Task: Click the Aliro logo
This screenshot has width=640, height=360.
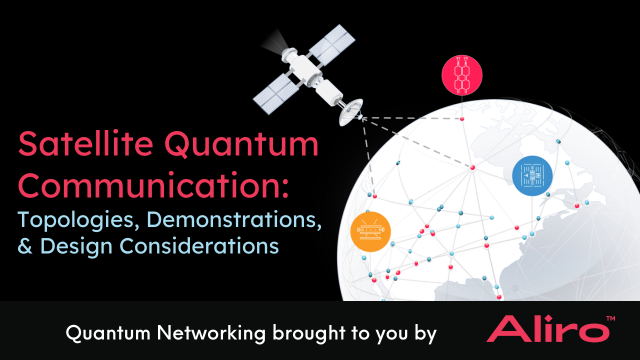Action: click(540, 330)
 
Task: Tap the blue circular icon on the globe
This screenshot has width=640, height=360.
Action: click(532, 175)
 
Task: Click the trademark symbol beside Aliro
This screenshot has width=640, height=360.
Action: click(609, 319)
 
